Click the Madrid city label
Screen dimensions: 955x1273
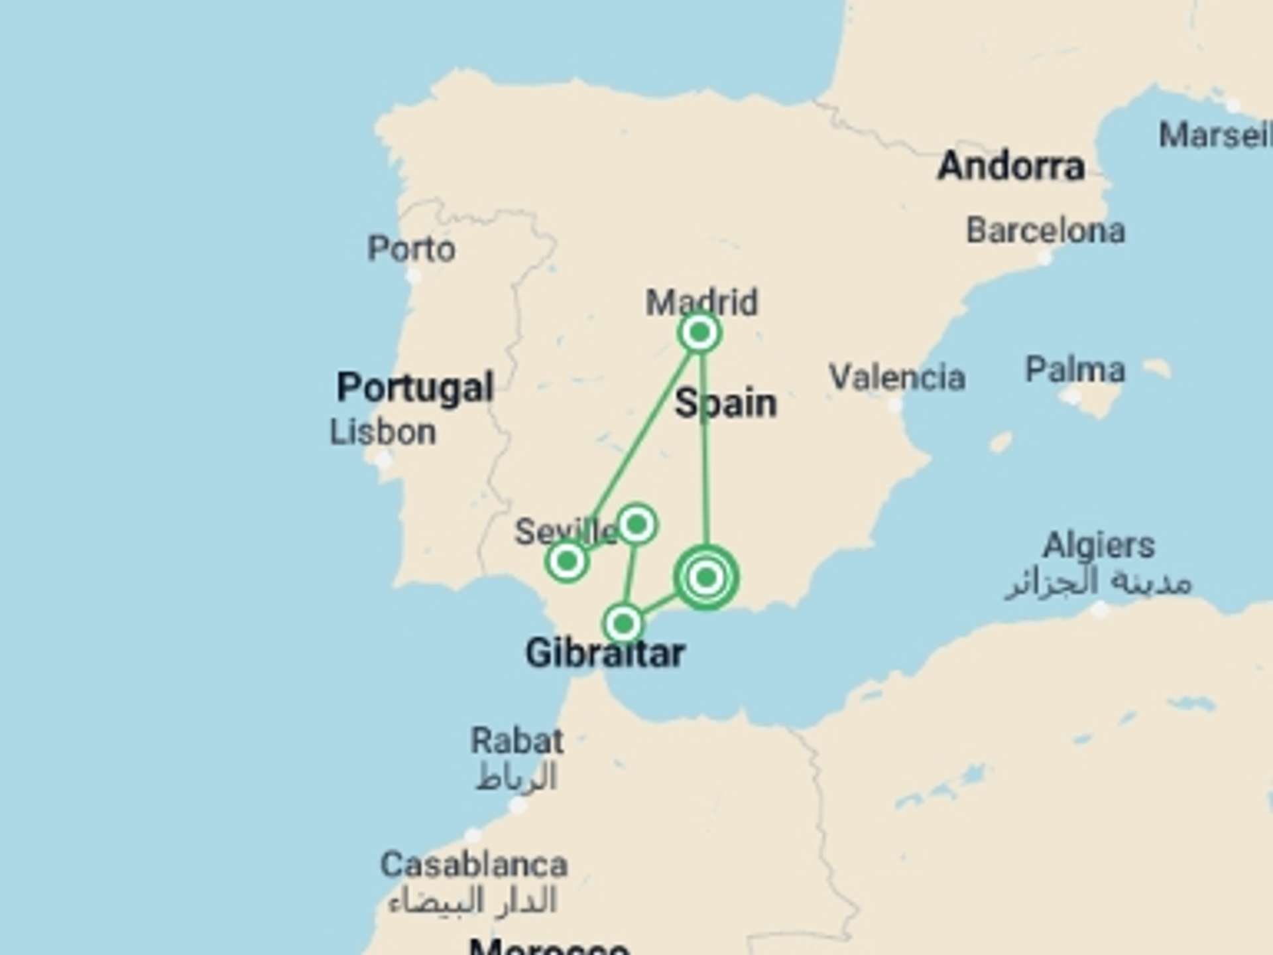(701, 302)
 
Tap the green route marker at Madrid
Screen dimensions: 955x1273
(699, 332)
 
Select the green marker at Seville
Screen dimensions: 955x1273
(567, 562)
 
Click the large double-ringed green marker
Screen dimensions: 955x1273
(706, 578)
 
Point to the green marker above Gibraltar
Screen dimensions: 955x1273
(623, 623)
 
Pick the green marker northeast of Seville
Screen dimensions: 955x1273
(636, 525)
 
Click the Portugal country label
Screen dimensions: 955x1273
(415, 387)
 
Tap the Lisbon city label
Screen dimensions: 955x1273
(383, 432)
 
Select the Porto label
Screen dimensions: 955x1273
(411, 249)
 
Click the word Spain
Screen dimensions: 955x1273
(725, 403)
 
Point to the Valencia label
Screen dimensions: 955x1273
(897, 377)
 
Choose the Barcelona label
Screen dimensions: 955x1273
(1046, 231)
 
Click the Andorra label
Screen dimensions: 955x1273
(1011, 166)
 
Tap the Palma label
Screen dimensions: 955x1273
(1075, 369)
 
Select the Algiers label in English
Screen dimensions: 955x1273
(1099, 546)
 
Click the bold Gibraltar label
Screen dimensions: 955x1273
(605, 654)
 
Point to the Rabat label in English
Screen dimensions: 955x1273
(517, 740)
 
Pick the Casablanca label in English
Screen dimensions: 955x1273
(474, 865)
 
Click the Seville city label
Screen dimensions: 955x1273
(566, 532)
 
